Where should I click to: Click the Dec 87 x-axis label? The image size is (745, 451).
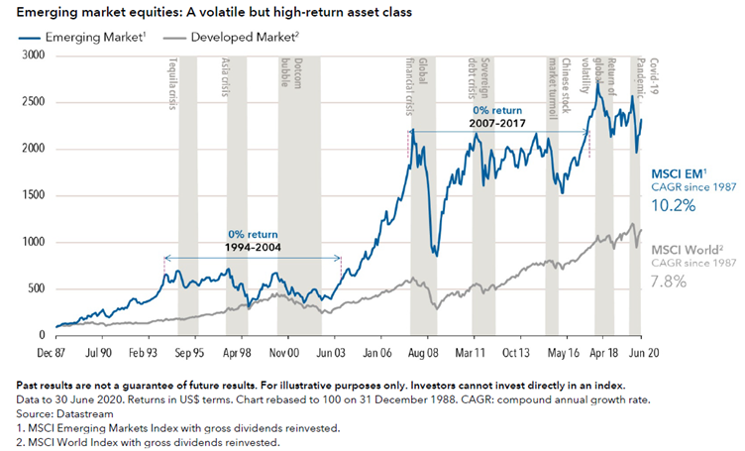click(x=55, y=351)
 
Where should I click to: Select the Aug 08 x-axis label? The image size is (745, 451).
click(x=423, y=351)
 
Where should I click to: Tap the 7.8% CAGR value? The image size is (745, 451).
click(x=673, y=283)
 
